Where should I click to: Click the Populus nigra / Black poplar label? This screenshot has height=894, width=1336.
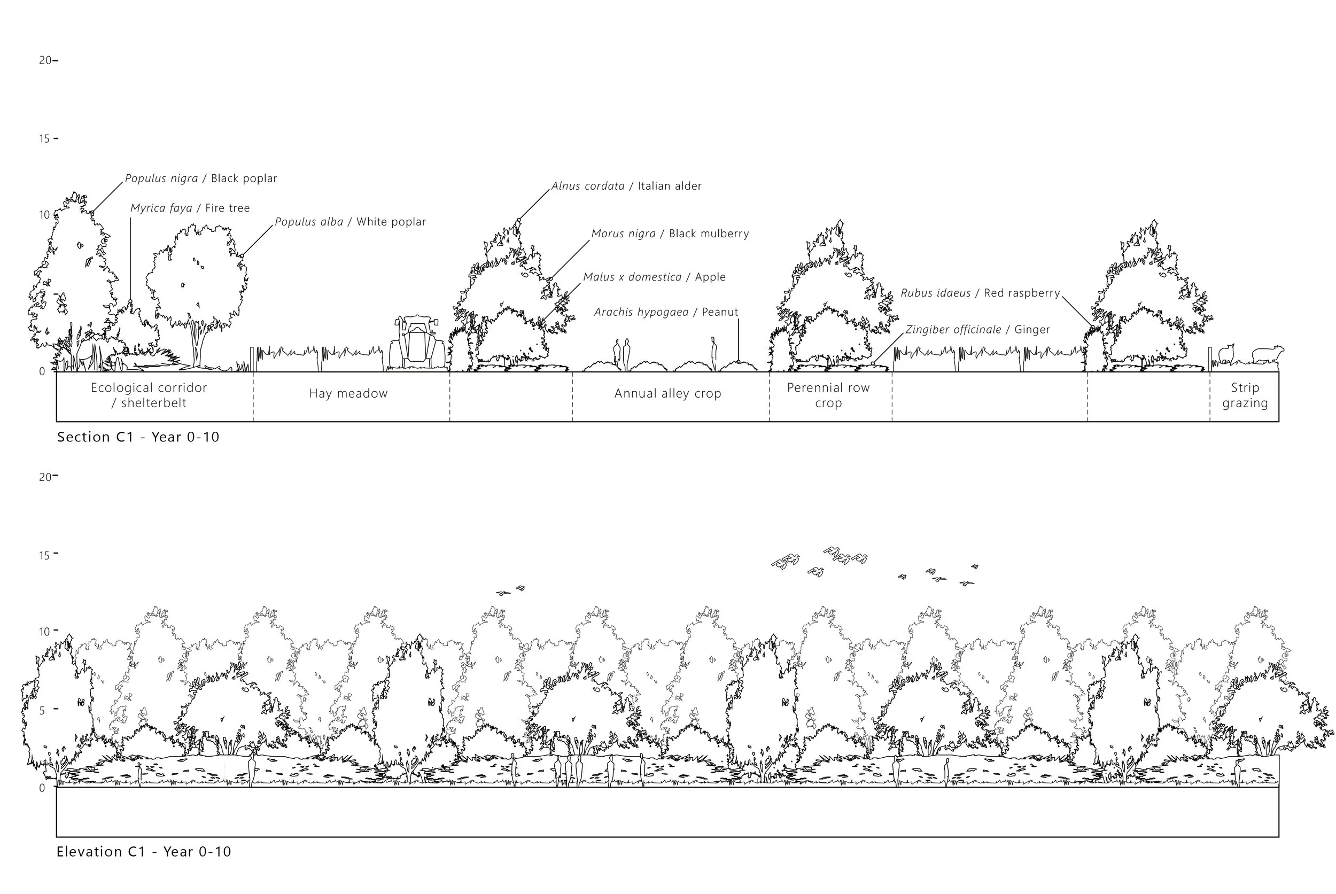(201, 178)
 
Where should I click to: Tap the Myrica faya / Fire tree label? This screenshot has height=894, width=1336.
(190, 208)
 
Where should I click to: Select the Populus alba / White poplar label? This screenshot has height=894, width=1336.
(350, 222)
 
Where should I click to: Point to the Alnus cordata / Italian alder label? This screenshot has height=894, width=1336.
(626, 186)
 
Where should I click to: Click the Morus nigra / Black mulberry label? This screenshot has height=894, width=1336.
(670, 234)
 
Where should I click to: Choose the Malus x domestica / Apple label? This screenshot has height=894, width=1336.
(654, 277)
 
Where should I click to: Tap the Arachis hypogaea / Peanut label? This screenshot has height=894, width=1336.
(666, 312)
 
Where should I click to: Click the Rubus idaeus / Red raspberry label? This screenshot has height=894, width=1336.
(980, 293)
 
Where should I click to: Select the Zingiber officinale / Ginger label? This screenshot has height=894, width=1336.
(977, 330)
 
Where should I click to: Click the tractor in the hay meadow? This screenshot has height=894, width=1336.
(417, 342)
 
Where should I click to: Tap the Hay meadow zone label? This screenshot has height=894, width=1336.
(348, 393)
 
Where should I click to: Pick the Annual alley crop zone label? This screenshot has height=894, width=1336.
(667, 393)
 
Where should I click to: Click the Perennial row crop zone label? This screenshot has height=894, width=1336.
(828, 395)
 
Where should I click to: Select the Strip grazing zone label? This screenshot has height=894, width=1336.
(1245, 395)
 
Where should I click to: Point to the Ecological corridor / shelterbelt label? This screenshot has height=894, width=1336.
(149, 395)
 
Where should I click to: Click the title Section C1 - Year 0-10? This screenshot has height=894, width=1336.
(138, 437)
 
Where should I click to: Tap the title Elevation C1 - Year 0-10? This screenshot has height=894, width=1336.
(144, 852)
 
